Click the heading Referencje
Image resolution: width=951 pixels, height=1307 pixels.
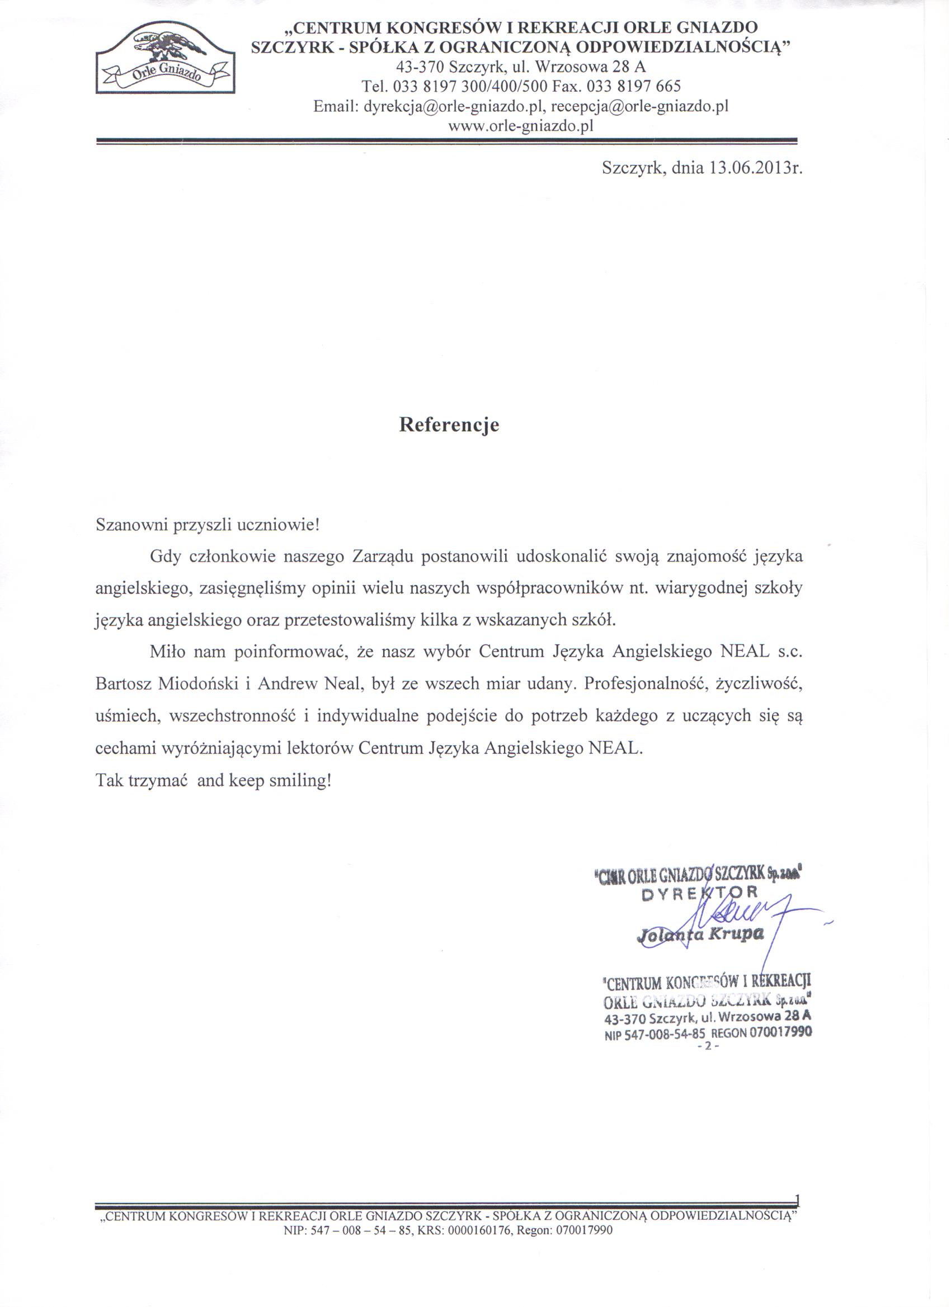pyautogui.click(x=449, y=424)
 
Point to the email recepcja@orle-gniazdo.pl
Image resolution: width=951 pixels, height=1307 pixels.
pyautogui.click(x=640, y=107)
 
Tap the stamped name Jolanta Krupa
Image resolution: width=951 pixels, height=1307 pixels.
pyautogui.click(x=700, y=934)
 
